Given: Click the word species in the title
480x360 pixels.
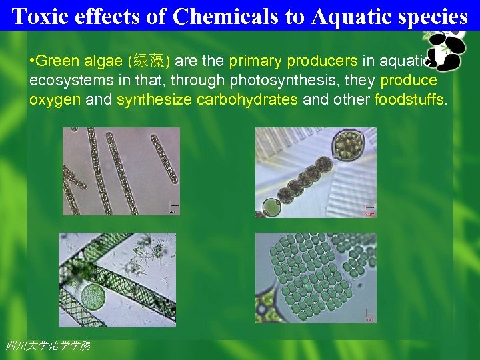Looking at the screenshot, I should pos(433,16).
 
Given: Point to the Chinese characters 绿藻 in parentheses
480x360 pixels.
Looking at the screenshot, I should pos(154,62).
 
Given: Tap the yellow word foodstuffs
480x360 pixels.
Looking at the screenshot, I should pos(408,100).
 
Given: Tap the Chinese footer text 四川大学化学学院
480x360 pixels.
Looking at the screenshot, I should pos(47,345).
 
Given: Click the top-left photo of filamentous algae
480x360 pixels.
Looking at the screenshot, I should pos(121,171).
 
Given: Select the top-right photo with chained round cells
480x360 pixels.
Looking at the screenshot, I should pos(316,172).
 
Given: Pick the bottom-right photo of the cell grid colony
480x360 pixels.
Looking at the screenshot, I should pos(316,278).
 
